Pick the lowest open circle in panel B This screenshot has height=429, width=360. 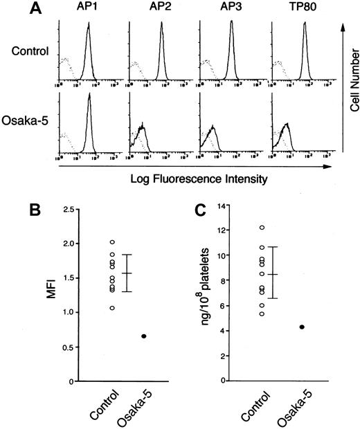(x=111, y=307)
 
